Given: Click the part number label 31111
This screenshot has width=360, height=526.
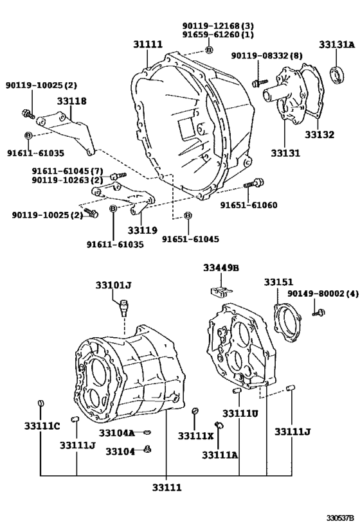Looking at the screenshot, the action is tap(148, 44).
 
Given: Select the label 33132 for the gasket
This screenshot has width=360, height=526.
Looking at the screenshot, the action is tap(319, 134).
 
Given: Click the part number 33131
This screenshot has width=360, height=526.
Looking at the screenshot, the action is tap(285, 153).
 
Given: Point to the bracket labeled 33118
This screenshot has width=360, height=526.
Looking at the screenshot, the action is tap(67, 130).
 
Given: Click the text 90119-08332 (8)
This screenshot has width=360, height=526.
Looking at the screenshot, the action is tap(267, 56).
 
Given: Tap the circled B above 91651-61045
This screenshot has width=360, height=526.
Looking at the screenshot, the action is tap(188, 215).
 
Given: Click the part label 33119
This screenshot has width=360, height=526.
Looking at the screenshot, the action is tap(142, 230).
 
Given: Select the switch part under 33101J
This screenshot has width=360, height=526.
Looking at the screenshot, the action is tap(123, 307).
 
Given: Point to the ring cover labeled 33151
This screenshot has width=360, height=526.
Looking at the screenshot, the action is tap(287, 322).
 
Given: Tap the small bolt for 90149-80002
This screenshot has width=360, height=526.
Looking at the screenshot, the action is tap(319, 313).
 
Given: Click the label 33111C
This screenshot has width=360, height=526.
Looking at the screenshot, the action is tap(42, 426).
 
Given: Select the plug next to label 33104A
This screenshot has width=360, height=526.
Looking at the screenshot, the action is tap(147, 432).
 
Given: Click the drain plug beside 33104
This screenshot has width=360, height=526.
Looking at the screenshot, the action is tap(147, 449).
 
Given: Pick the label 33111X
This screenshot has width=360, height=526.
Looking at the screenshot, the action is tap(195, 435).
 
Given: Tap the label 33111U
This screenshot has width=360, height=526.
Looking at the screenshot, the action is tap(240, 414).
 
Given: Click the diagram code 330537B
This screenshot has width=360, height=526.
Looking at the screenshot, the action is tap(341, 517).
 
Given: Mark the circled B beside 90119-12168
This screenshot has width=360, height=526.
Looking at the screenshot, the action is tap(208, 50).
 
